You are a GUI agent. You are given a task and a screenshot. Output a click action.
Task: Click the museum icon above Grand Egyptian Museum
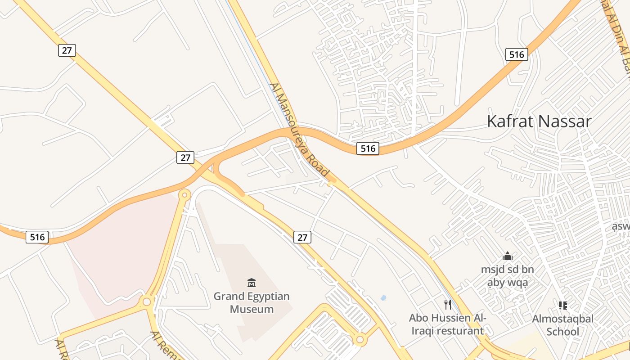pyautogui.click(x=252, y=283)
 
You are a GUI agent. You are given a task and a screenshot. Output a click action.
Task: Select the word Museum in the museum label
pyautogui.click(x=252, y=309)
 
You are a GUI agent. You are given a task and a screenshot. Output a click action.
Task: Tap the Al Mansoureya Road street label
pyautogui.click(x=300, y=129)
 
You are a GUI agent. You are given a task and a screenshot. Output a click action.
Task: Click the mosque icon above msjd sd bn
pyautogui.click(x=508, y=256)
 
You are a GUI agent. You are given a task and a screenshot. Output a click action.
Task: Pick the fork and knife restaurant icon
pyautogui.click(x=447, y=305)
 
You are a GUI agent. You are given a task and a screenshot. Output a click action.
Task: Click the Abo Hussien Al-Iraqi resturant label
pyautogui.click(x=447, y=324)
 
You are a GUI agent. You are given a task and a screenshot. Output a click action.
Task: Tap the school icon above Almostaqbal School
pyautogui.click(x=562, y=306)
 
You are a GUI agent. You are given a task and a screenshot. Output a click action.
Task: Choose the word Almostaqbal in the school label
pyautogui.click(x=562, y=319)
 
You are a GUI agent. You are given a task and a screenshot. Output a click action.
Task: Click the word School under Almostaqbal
pyautogui.click(x=562, y=332)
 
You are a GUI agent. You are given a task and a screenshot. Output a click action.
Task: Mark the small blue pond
pyautogui.click(x=383, y=297)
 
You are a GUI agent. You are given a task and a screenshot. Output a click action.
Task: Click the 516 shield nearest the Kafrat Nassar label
pyautogui.click(x=516, y=54)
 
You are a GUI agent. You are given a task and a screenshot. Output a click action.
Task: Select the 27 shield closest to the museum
pyautogui.click(x=302, y=237)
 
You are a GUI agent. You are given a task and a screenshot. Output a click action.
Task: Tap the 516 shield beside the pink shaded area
pyautogui.click(x=37, y=237)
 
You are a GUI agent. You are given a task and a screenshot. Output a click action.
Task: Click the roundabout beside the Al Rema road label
pyautogui.click(x=147, y=301)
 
